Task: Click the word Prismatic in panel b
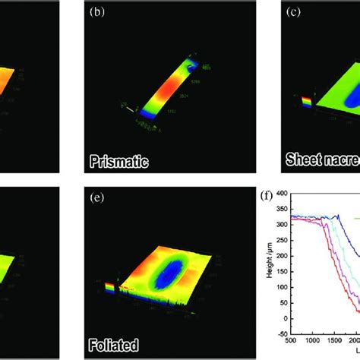119,161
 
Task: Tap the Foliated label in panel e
114,341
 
